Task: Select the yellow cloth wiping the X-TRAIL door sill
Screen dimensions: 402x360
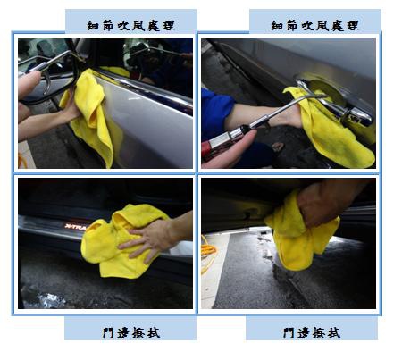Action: click(122, 240)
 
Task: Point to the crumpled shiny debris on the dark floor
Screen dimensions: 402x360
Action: click(45, 298)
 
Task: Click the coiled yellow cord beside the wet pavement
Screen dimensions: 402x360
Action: click(209, 254)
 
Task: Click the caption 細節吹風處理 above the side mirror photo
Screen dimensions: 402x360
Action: click(130, 26)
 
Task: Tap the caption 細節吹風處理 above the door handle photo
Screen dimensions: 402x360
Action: click(314, 26)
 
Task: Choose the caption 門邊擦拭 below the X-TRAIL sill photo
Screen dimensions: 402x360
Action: click(131, 332)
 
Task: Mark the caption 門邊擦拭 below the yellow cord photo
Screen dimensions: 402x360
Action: click(312, 332)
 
